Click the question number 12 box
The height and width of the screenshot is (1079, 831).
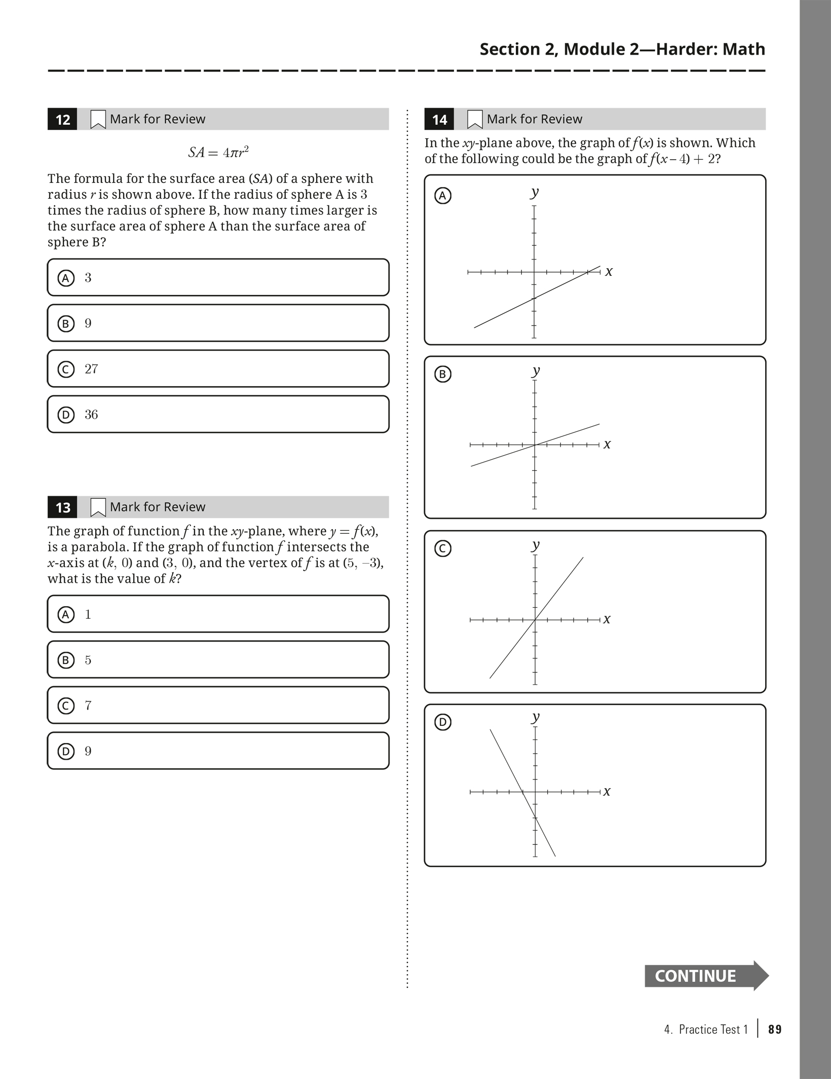click(62, 120)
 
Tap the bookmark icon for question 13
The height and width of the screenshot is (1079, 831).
click(98, 507)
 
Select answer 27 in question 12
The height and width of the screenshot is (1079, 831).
click(218, 369)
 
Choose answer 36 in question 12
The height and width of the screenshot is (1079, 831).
click(218, 415)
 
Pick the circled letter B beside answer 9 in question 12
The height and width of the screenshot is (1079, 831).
click(66, 323)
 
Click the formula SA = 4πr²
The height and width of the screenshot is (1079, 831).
click(218, 152)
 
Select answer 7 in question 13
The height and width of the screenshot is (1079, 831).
click(218, 705)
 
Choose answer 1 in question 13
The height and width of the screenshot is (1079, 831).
click(218, 614)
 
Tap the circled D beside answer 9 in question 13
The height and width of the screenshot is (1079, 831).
click(66, 751)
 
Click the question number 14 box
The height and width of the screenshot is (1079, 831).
click(439, 120)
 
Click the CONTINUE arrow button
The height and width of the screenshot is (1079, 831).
click(706, 976)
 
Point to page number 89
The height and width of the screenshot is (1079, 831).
click(775, 1029)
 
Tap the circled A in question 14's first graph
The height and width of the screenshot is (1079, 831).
click(443, 196)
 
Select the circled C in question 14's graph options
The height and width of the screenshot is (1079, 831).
click(443, 548)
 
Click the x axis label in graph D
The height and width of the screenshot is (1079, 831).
click(607, 792)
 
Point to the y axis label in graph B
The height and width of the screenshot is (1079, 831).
click(536, 370)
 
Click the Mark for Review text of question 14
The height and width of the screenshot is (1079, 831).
click(535, 119)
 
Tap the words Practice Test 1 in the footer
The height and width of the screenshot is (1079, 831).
click(713, 1029)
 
